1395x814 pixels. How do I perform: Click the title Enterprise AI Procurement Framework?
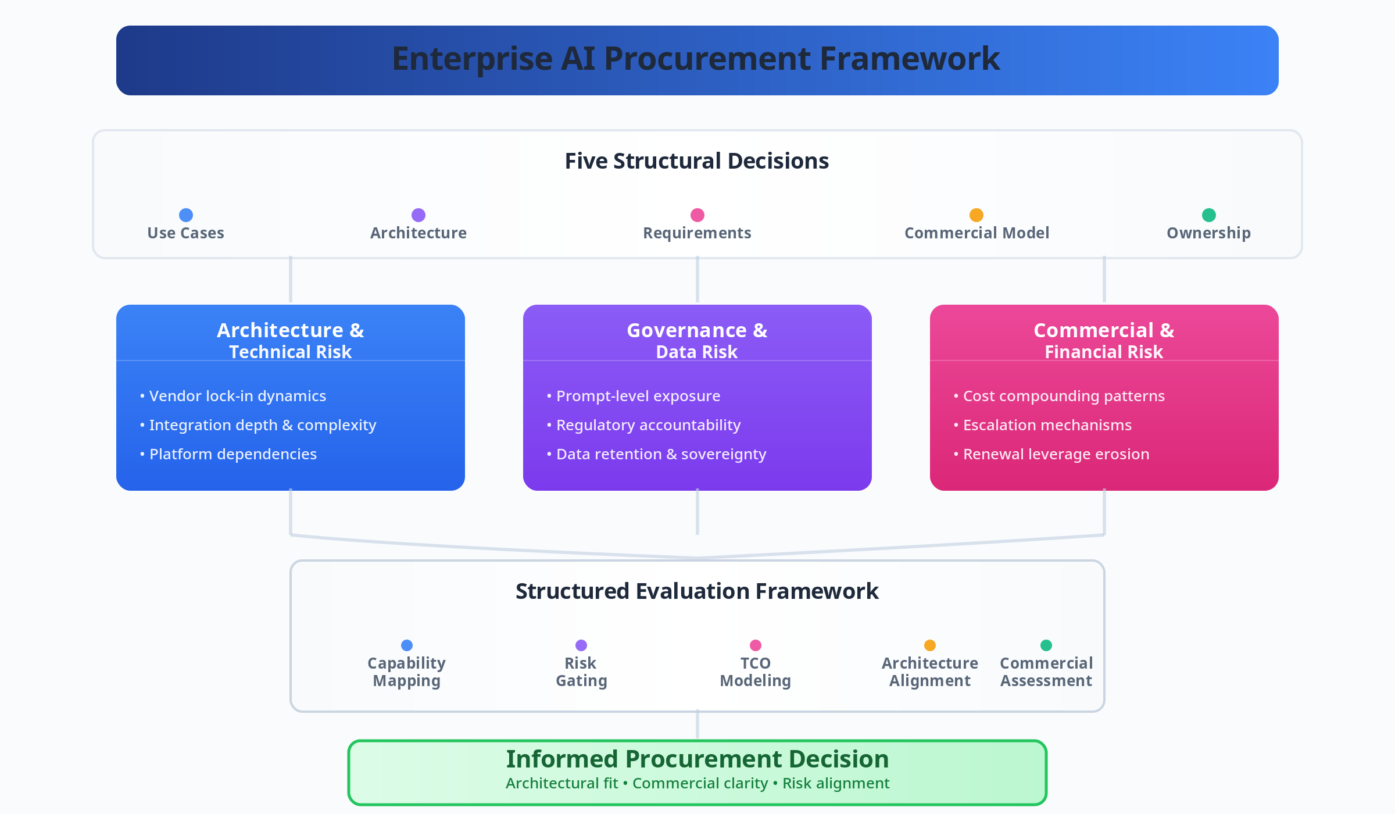point(696,59)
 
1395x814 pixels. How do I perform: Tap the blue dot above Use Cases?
point(186,215)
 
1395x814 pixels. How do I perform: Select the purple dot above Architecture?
point(419,215)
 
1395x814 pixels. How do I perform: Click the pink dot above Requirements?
point(697,215)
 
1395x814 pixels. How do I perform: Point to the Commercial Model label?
point(977,233)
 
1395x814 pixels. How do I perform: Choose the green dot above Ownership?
point(1209,215)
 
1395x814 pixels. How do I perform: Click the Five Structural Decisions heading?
point(696,161)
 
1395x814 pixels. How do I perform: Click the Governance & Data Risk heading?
point(697,340)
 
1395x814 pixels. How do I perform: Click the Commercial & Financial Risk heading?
point(1104,340)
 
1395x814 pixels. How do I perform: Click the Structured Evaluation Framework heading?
point(697,591)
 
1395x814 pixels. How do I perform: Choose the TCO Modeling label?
point(755,672)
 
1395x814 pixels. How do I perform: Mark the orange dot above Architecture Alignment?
point(930,645)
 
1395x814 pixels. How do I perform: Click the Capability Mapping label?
point(406,672)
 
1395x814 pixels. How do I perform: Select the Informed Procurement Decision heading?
point(697,759)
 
